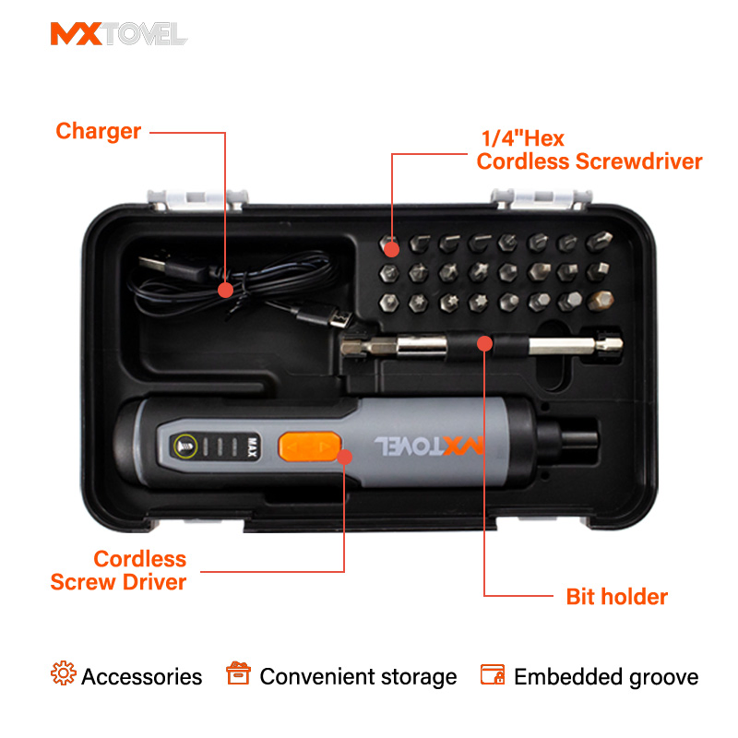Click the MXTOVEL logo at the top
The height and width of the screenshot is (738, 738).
[x=118, y=34]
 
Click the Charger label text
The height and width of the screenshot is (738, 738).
[x=99, y=131]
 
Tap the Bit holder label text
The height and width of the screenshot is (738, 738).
[x=616, y=597]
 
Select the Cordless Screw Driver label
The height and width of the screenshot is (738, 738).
[x=118, y=570]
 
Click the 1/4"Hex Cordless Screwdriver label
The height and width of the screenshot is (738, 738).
[x=589, y=150]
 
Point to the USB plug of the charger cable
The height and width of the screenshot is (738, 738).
[x=151, y=264]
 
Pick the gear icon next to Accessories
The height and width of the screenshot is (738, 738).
[x=64, y=674]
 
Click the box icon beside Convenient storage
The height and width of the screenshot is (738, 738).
[x=238, y=674]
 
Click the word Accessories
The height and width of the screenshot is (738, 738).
[x=141, y=677]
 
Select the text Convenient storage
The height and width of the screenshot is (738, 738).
[x=358, y=677]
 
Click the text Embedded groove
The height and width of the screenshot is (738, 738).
[x=606, y=677]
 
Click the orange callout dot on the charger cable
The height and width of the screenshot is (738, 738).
[x=225, y=290]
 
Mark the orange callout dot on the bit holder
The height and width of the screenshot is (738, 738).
[x=483, y=344]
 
